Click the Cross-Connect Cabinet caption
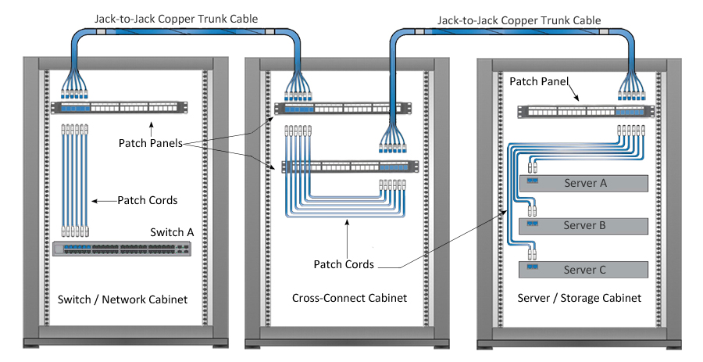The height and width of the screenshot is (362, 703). (349, 298)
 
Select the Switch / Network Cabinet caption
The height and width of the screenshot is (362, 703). (123, 299)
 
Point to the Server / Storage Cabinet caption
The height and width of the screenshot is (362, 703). (579, 298)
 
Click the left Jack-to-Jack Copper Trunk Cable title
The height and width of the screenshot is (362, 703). (176, 18)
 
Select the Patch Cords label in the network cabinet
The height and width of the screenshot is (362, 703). (148, 200)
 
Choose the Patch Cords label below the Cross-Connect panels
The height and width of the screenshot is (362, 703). (344, 264)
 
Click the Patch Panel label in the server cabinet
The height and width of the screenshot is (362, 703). (538, 81)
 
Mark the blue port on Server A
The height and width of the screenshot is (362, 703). (534, 181)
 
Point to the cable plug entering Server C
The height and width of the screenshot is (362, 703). (533, 253)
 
